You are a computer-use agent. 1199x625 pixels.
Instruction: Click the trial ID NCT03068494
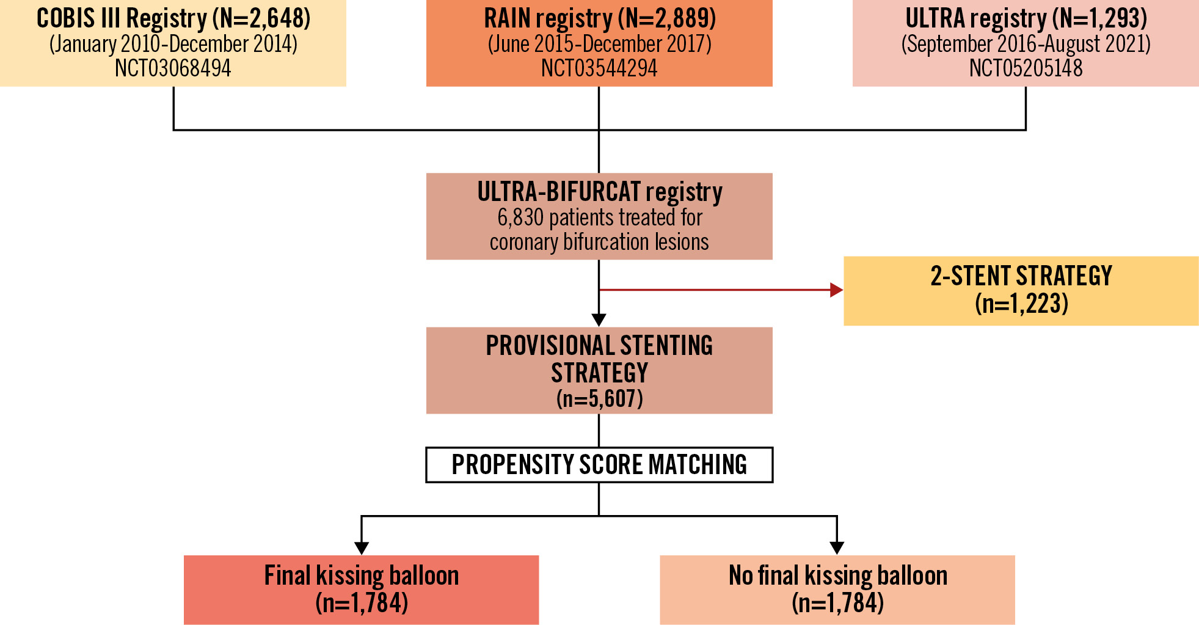point(173,68)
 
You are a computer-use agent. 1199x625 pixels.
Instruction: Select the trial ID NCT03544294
point(599,68)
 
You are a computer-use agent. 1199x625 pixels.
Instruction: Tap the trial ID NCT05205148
point(1026,68)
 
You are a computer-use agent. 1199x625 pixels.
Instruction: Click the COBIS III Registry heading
point(173,18)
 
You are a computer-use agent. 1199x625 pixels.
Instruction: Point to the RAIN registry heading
point(600,18)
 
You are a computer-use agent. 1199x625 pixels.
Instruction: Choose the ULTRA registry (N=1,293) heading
point(1026,18)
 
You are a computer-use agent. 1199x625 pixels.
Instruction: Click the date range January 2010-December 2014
point(173,44)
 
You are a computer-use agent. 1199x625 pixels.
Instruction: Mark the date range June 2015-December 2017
point(600,44)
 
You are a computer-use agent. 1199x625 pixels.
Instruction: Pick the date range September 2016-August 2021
point(1026,44)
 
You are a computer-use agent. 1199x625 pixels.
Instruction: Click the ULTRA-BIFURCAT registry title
point(600,192)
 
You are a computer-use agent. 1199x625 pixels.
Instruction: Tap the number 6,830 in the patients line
point(520,217)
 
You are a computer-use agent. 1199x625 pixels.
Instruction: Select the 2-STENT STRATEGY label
point(1021,276)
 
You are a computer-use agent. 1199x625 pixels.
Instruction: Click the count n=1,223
point(1021,304)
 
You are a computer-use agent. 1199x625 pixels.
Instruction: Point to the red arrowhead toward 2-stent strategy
point(836,290)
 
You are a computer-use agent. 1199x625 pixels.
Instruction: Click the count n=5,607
point(600,399)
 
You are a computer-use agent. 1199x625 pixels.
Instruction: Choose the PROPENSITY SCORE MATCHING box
point(599,465)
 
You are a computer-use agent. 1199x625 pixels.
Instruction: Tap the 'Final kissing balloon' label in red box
point(362,576)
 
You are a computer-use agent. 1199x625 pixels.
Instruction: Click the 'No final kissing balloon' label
point(838,576)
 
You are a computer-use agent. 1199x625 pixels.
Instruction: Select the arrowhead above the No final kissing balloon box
point(837,548)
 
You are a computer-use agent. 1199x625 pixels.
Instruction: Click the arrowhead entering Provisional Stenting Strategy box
point(599,320)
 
